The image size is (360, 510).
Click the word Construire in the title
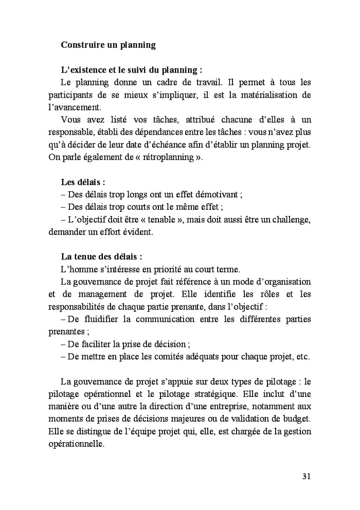click(82, 45)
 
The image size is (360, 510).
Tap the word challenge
click(289, 220)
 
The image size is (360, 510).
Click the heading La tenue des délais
click(101, 257)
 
